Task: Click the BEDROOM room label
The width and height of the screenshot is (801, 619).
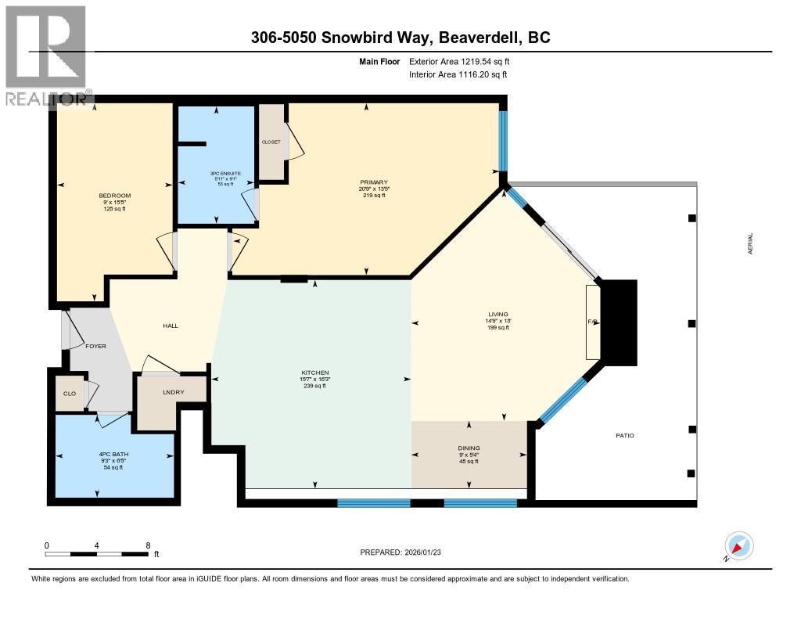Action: pos(114,196)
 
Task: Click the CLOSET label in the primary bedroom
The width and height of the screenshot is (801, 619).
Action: pos(271,142)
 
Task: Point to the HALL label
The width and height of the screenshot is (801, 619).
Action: pos(171,326)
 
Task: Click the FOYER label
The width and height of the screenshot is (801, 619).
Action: pos(95,346)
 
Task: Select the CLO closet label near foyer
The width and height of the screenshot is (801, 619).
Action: pos(70,394)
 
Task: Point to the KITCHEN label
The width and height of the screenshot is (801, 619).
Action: pos(315,372)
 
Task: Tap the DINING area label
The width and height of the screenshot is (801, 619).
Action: pos(469,448)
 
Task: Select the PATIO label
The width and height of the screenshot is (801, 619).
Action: pos(624,435)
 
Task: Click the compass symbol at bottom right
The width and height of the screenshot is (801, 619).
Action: pos(738,546)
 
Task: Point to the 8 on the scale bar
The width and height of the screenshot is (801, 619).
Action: pos(148,545)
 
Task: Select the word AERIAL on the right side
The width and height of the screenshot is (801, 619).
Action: pos(751,247)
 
